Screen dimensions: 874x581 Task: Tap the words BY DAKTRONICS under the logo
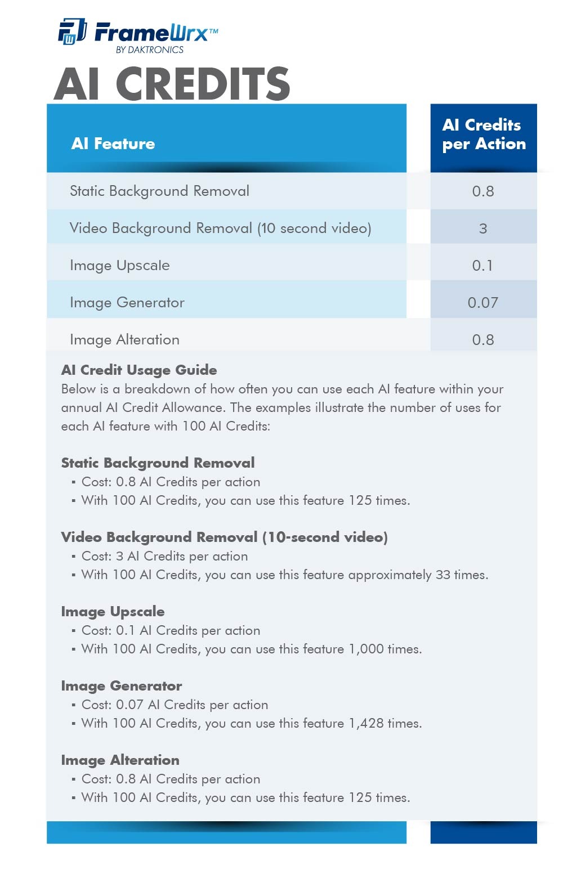coord(149,50)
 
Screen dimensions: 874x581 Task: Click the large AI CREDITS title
coord(172,84)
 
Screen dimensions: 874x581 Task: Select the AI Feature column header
coord(113,144)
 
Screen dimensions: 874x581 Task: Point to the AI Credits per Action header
coord(484,135)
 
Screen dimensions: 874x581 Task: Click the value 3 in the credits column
coord(483,228)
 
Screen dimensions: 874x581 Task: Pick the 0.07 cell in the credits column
coord(483,303)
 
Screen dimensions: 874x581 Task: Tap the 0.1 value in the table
coord(482,266)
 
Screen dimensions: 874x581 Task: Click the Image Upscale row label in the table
coord(119,266)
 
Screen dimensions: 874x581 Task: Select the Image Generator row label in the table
coord(127,303)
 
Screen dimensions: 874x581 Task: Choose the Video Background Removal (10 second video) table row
coord(220,228)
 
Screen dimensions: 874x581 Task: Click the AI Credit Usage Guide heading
coord(139,370)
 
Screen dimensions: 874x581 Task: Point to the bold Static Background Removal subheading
coord(158,463)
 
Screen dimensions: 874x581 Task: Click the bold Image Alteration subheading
coord(120,760)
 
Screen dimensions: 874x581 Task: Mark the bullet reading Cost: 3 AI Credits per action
coord(164,557)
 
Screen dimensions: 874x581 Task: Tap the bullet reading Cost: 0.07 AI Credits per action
coord(175,705)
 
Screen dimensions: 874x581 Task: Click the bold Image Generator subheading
coord(122,686)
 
